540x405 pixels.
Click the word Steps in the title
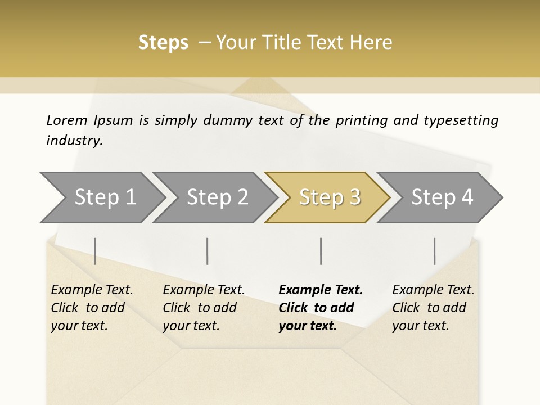(x=163, y=43)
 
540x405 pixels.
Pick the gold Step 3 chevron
(x=330, y=197)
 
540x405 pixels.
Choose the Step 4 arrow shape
(x=442, y=197)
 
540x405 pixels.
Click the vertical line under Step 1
(x=95, y=251)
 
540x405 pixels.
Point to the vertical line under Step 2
(x=208, y=251)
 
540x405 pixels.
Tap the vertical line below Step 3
(x=321, y=251)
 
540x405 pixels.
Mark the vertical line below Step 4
(x=435, y=251)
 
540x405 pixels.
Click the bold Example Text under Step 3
(x=321, y=290)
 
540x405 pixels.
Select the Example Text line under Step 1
(x=92, y=290)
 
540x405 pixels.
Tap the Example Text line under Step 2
(x=204, y=290)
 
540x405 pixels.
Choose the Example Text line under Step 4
(x=433, y=290)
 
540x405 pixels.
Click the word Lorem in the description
(x=67, y=120)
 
